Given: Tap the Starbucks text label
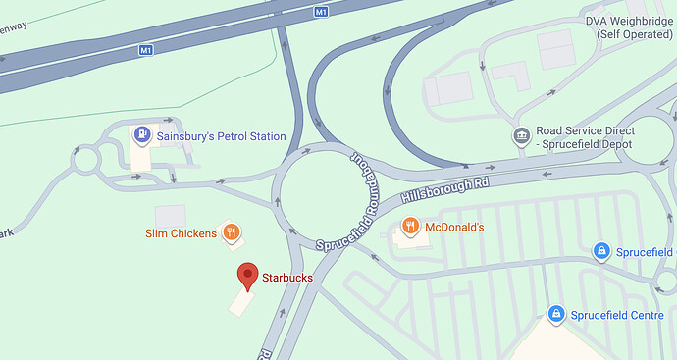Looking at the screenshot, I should coord(287,278).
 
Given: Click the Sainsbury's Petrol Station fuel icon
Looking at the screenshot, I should coord(143,135).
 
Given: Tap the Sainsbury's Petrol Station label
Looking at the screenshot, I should coord(222,136).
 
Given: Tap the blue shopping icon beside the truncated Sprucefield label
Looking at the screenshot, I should coord(602,252).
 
